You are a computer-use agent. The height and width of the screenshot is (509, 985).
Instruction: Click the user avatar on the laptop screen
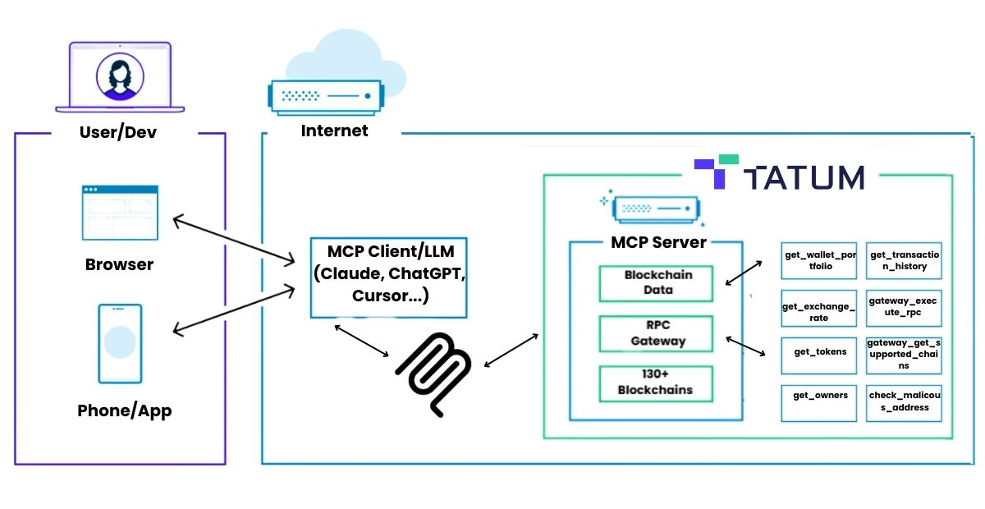tap(120, 76)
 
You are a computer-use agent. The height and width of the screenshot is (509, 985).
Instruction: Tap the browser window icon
tap(120, 213)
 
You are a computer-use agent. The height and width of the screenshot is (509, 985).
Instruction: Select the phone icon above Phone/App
tap(120, 344)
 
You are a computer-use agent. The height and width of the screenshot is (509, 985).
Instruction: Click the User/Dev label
tap(118, 132)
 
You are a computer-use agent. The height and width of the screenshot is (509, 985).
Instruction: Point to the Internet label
tap(334, 131)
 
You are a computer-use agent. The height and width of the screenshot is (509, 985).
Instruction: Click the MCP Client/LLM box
tap(389, 277)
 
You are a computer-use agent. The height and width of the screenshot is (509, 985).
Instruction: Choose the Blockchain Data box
tap(656, 283)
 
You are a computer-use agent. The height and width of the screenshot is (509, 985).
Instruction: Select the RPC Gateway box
tap(656, 333)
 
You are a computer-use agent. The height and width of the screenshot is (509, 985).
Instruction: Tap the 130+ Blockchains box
tap(656, 383)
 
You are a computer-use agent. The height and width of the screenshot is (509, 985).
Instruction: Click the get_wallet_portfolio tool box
tap(819, 260)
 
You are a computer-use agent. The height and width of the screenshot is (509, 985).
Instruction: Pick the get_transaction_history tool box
tap(904, 260)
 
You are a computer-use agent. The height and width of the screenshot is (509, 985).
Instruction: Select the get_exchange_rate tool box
tap(819, 308)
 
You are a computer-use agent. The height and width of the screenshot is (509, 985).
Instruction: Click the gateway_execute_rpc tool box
tap(904, 308)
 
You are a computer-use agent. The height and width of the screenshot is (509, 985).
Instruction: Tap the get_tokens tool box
tap(819, 355)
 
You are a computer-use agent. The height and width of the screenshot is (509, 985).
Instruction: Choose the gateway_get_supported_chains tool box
tap(904, 355)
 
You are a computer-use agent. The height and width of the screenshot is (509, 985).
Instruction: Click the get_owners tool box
tap(819, 403)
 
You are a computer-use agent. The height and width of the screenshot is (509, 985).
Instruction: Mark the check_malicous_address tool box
tap(904, 403)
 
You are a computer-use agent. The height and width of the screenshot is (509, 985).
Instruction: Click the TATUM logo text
tap(804, 177)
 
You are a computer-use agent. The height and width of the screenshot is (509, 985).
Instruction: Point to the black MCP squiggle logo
tap(433, 374)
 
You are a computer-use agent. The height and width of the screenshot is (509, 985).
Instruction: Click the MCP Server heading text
tap(658, 242)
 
